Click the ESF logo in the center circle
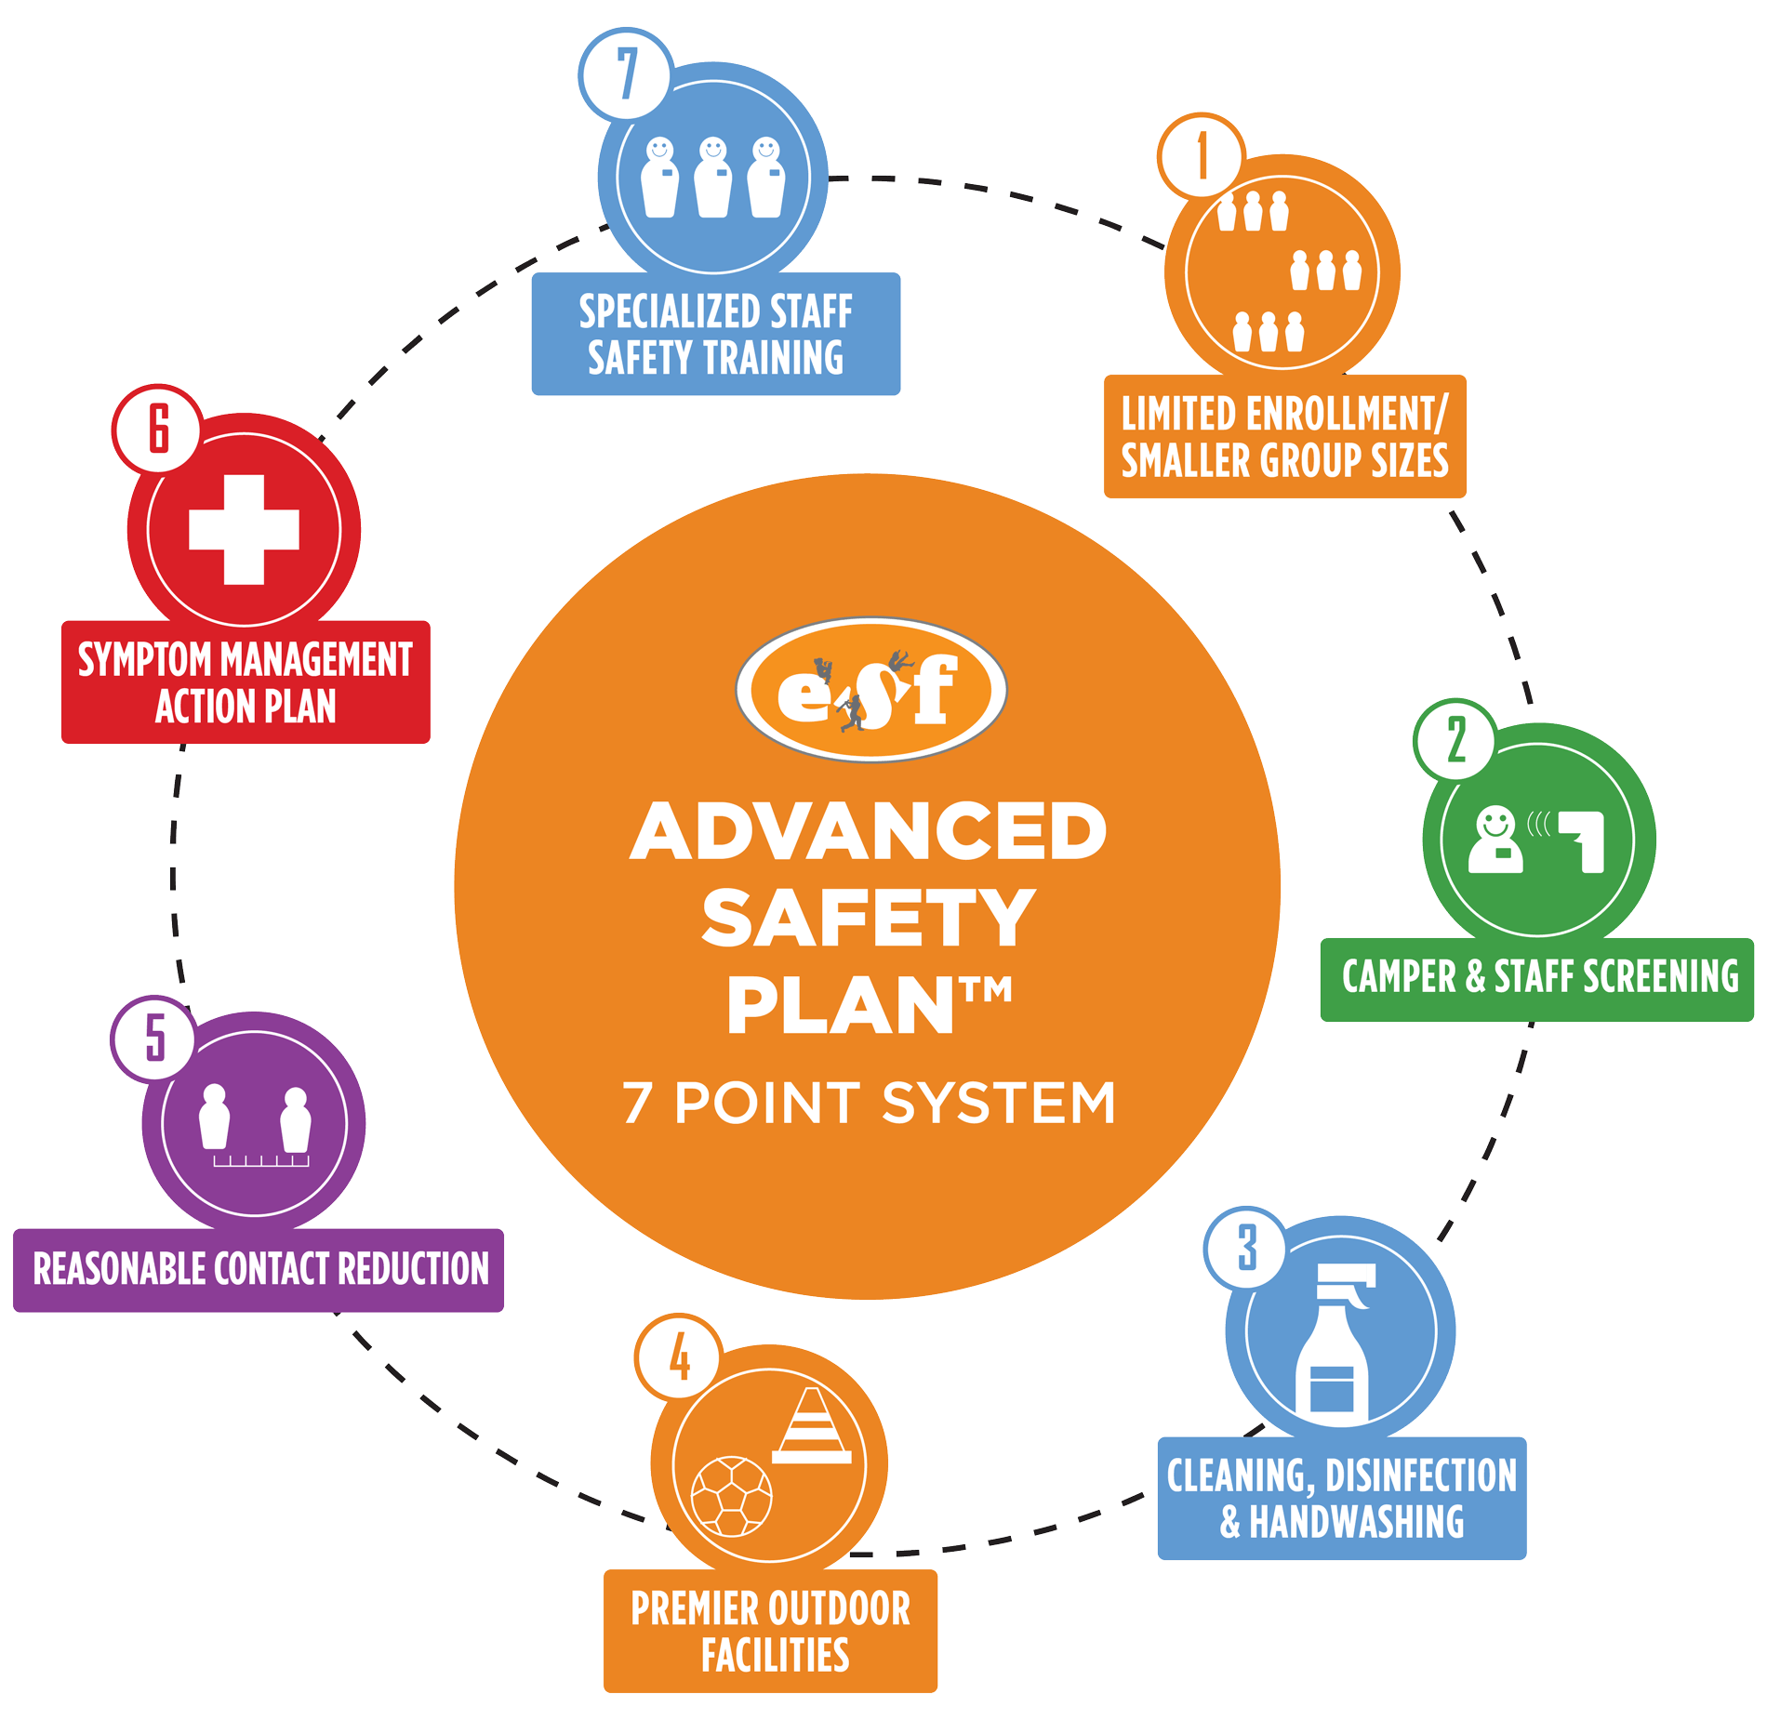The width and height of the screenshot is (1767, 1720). tap(870, 690)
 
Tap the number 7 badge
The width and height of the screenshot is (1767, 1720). tap(625, 74)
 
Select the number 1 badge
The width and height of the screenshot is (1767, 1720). tap(1202, 156)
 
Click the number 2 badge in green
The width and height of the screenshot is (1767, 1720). tap(1455, 741)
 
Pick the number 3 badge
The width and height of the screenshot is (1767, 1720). tap(1246, 1248)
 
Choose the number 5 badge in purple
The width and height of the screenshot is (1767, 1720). tap(154, 1039)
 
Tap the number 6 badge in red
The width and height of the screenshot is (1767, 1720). tap(158, 430)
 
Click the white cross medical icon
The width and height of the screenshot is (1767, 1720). tap(244, 530)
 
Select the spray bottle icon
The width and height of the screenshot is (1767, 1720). tap(1334, 1339)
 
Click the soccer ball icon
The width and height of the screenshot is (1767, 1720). tap(732, 1497)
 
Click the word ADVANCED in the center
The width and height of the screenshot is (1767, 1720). tap(869, 831)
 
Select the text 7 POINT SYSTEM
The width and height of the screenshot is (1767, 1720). tap(869, 1103)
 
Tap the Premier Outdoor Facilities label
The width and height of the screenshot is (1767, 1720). tap(770, 1631)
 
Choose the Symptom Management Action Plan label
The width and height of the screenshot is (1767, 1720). tap(246, 681)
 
